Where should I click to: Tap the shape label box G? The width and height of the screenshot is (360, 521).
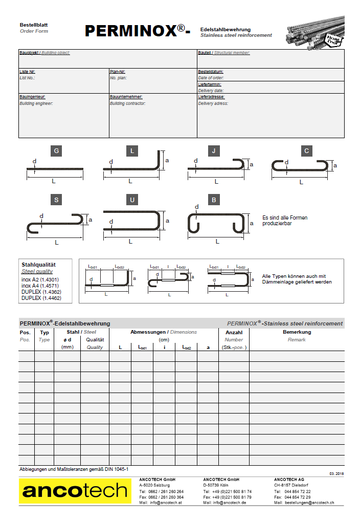pyautogui.click(x=56, y=150)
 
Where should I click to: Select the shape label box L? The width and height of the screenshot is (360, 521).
pyautogui.click(x=132, y=150)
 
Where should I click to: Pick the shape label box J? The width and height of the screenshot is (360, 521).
pyautogui.click(x=214, y=150)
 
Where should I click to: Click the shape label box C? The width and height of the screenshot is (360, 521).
pyautogui.click(x=306, y=150)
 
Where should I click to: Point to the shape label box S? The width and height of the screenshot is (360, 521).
pyautogui.click(x=56, y=200)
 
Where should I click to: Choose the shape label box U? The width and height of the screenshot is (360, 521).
pyautogui.click(x=132, y=200)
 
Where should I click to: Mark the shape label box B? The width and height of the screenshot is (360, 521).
pyautogui.click(x=214, y=200)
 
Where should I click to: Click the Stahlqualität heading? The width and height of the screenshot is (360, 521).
pyautogui.click(x=38, y=265)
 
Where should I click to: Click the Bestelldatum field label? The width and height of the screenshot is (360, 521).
pyautogui.click(x=211, y=72)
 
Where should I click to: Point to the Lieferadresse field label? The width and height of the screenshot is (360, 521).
pyautogui.click(x=211, y=97)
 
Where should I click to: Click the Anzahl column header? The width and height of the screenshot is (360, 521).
pyautogui.click(x=234, y=332)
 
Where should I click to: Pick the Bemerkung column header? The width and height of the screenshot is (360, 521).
pyautogui.click(x=297, y=332)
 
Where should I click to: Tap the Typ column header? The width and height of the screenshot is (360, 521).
pyautogui.click(x=44, y=332)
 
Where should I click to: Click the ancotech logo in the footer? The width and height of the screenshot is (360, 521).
pyautogui.click(x=75, y=491)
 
